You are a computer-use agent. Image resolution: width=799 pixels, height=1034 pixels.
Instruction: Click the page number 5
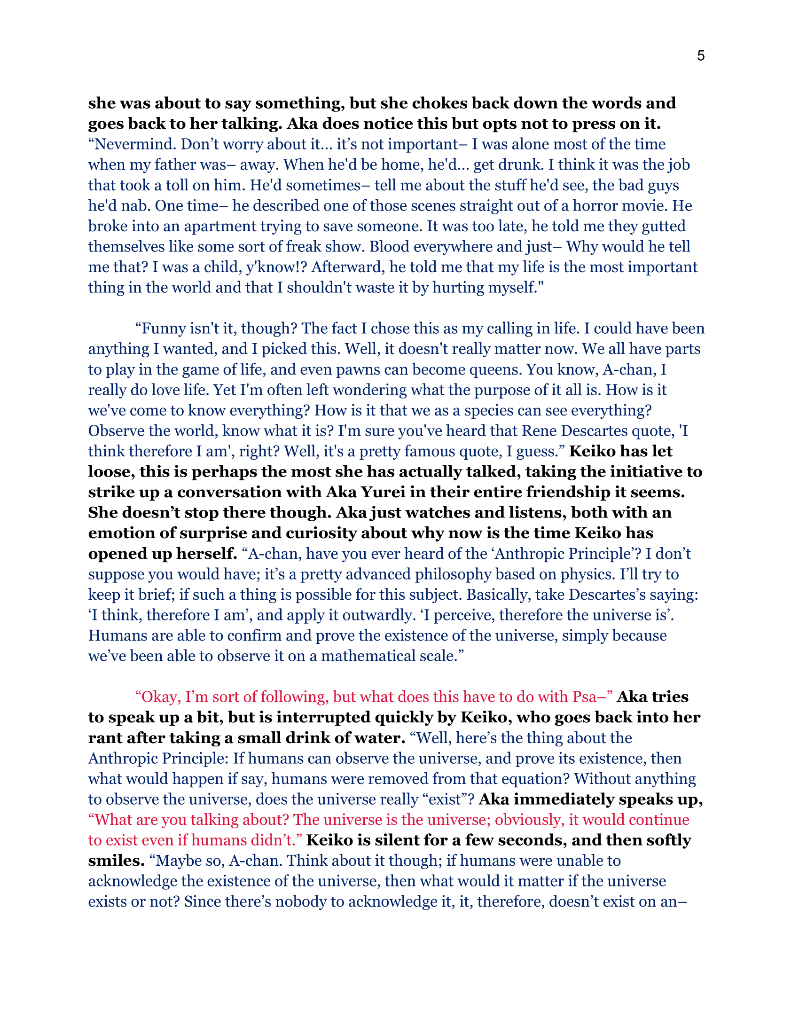[701, 56]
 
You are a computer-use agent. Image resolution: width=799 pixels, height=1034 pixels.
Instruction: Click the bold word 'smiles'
[115, 861]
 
